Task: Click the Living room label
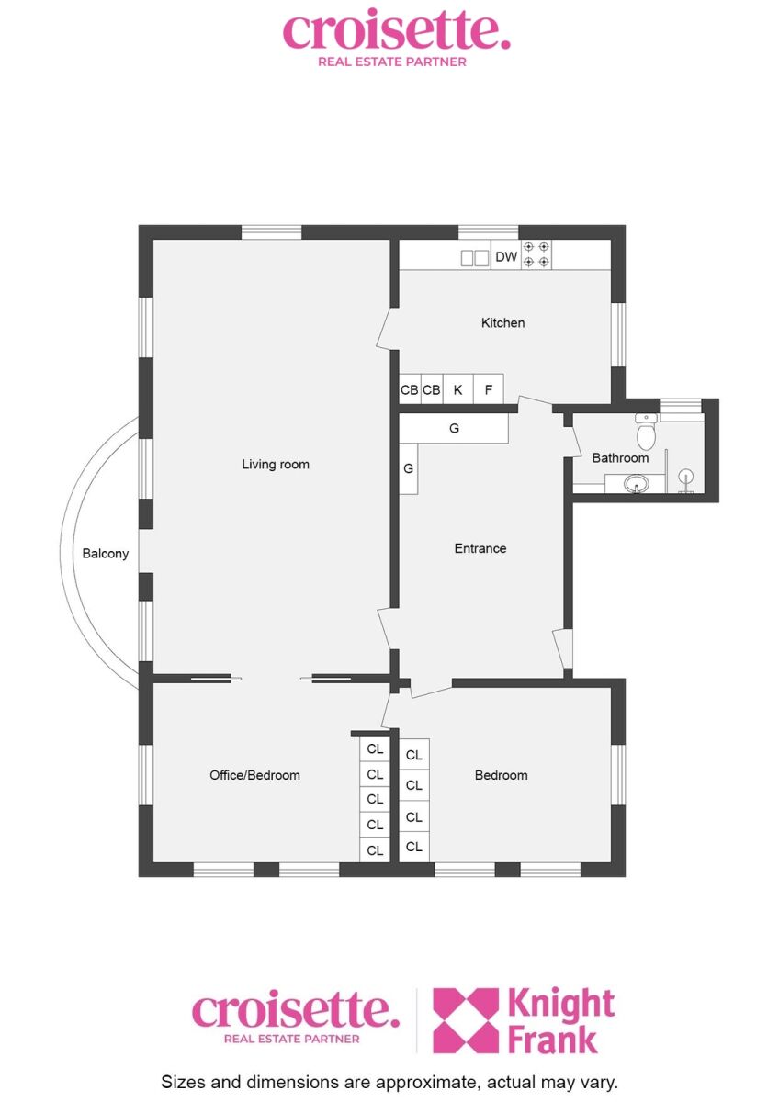pyautogui.click(x=275, y=464)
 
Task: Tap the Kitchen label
pyautogui.click(x=502, y=322)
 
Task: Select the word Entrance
pyautogui.click(x=480, y=548)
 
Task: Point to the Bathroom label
pyautogui.click(x=620, y=458)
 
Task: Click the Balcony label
pyautogui.click(x=106, y=554)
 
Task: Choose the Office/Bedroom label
pyautogui.click(x=254, y=775)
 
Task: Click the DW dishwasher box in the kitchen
pyautogui.click(x=506, y=255)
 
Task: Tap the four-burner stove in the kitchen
pyautogui.click(x=536, y=254)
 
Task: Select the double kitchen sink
pyautogui.click(x=474, y=258)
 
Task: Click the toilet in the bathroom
pyautogui.click(x=645, y=431)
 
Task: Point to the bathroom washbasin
pyautogui.click(x=637, y=484)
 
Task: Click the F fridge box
pyautogui.click(x=488, y=389)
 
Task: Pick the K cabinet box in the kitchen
pyautogui.click(x=457, y=389)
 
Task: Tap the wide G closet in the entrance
pyautogui.click(x=453, y=428)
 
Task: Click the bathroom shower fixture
pyautogui.click(x=686, y=478)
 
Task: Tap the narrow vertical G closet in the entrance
pyautogui.click(x=408, y=469)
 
